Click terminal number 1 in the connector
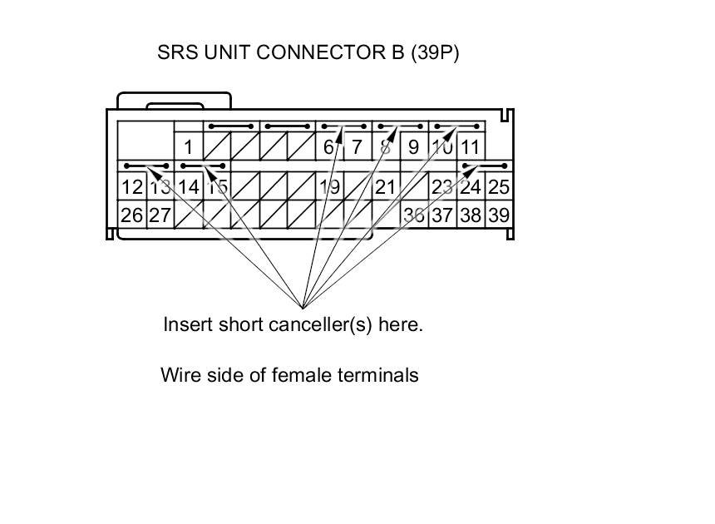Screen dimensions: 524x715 click(x=189, y=148)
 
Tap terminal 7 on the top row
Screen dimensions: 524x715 click(x=357, y=148)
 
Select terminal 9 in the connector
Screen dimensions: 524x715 click(x=413, y=148)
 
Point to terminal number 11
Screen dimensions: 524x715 click(x=470, y=148)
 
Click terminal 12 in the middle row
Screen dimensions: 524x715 click(x=131, y=187)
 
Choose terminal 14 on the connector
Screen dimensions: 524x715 click(x=188, y=187)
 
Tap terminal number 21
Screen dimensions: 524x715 click(x=385, y=187)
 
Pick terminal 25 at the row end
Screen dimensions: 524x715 click(x=499, y=187)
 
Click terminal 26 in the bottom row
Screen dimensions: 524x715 click(x=131, y=215)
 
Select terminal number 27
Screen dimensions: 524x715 click(x=160, y=215)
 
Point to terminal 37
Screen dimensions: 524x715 click(x=442, y=215)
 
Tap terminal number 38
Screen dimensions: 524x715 click(x=471, y=215)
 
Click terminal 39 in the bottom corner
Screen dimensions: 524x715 click(x=499, y=215)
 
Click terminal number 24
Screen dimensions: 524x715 click(x=471, y=187)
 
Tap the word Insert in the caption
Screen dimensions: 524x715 click(x=188, y=324)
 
